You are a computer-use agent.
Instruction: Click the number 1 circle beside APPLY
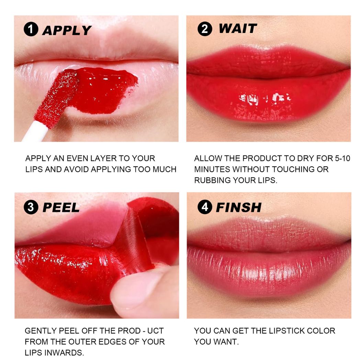31,30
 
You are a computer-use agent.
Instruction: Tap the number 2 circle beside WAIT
205,29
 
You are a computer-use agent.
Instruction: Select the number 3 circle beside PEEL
31,207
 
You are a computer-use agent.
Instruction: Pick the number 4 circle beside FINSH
205,207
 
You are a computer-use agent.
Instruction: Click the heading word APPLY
67,30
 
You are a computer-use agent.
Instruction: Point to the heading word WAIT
237,29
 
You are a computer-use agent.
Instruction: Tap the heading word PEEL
61,207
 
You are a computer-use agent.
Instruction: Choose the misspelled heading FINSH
238,207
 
